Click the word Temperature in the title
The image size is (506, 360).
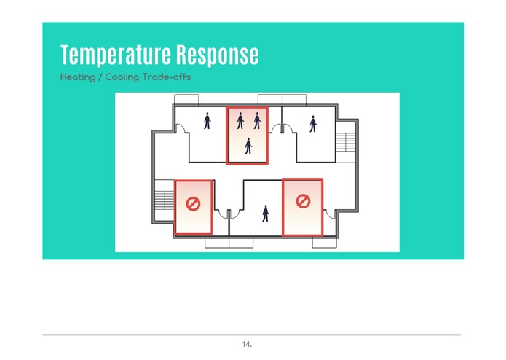click(116, 55)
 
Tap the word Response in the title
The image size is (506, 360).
click(218, 55)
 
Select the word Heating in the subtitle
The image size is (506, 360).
click(78, 77)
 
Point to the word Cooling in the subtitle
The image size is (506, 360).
click(122, 77)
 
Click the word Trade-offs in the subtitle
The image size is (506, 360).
click(167, 77)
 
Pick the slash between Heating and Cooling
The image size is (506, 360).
click(100, 77)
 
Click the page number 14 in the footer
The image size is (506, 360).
click(247, 344)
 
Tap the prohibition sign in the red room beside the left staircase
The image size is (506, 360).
click(193, 204)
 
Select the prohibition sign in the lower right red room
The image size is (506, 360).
click(303, 201)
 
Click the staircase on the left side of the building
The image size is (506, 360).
click(165, 200)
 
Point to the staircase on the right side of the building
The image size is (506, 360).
click(345, 141)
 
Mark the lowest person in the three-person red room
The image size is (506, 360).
click(248, 146)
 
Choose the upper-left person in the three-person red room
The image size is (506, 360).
click(240, 121)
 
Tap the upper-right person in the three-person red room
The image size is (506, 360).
click(257, 121)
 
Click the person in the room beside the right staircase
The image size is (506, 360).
click(312, 124)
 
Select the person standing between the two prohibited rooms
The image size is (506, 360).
click(266, 214)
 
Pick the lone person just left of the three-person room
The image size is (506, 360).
click(207, 121)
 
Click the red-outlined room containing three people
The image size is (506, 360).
click(248, 136)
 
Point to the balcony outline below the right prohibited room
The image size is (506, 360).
click(324, 243)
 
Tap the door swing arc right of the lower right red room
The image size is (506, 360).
click(329, 214)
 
